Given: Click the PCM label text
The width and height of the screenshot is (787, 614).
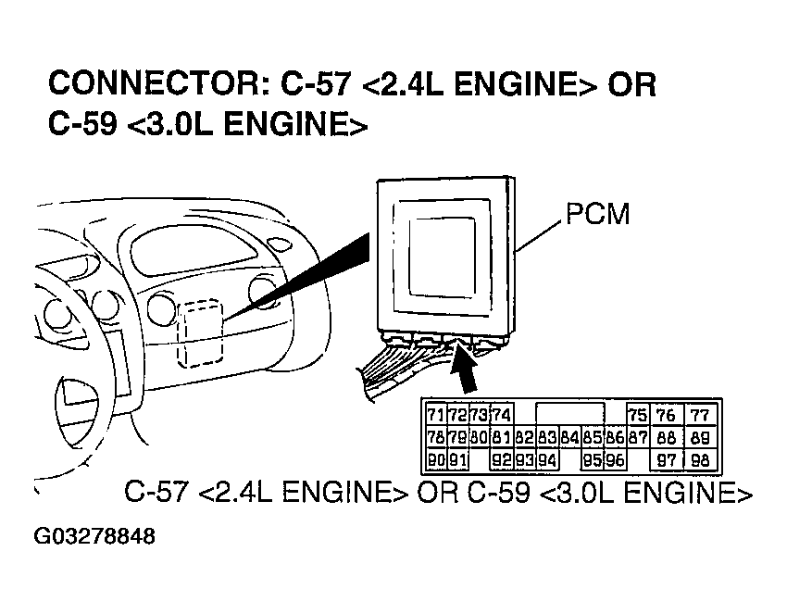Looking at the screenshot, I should coord(596,215).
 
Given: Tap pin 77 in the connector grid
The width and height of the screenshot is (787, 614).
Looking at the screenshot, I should coord(701,415).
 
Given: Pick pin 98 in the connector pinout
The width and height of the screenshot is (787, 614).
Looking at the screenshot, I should coord(701,459).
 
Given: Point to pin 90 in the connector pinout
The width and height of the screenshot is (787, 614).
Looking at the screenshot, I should coord(436,459).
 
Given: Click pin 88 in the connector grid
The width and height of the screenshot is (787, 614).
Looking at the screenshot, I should coord(665,437).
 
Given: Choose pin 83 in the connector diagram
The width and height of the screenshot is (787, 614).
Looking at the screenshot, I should coord(546,437).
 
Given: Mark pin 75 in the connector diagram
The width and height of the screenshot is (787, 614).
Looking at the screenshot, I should coord(637,415).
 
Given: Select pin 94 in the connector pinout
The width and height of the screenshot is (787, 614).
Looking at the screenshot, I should coord(546,459).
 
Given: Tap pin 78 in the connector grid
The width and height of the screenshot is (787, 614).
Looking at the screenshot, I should coord(436,437).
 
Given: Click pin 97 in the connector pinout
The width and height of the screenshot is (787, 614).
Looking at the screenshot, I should coord(665,459).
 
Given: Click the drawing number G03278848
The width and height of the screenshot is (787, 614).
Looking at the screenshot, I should coord(94,537).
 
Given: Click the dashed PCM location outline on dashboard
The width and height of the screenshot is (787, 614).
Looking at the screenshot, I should coord(201,331).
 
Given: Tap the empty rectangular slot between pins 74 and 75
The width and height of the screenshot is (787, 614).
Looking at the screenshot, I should coord(570,413).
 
